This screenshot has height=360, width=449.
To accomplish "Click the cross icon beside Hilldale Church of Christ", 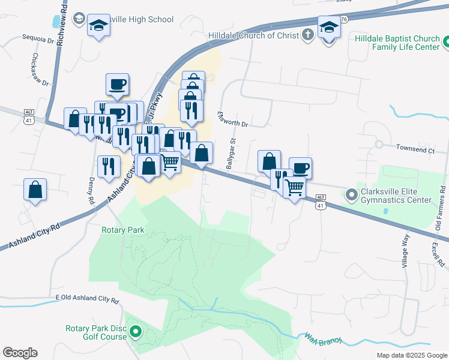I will (x=307, y=34).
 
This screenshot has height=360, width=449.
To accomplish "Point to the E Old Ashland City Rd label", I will (x=86, y=298).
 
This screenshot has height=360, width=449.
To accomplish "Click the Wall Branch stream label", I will (x=323, y=339).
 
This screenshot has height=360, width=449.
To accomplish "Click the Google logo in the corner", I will (x=20, y=352).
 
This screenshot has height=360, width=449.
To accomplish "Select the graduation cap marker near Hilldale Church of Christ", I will (x=328, y=28).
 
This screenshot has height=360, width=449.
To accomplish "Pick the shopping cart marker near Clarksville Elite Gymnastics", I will (x=294, y=188).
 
